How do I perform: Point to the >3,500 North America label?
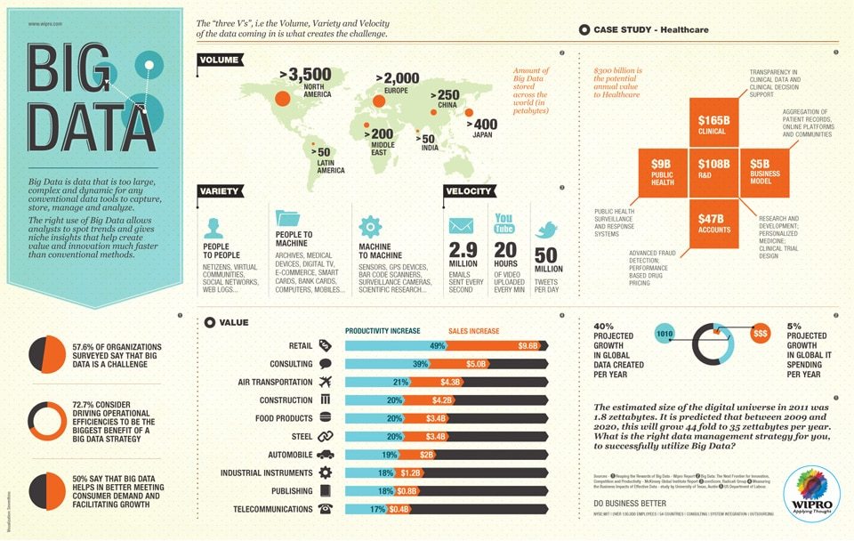[304, 79]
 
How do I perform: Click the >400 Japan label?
[485, 129]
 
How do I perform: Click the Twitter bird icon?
[544, 230]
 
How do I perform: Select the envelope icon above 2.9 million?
[461, 225]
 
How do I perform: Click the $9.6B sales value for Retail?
[528, 345]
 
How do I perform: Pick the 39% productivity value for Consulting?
[421, 364]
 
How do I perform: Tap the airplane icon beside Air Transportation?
[325, 382]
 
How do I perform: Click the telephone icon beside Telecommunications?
[325, 509]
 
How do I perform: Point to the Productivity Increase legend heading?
[383, 331]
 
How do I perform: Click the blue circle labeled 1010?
[664, 334]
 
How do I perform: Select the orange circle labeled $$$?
[761, 333]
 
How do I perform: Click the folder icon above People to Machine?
[289, 220]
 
